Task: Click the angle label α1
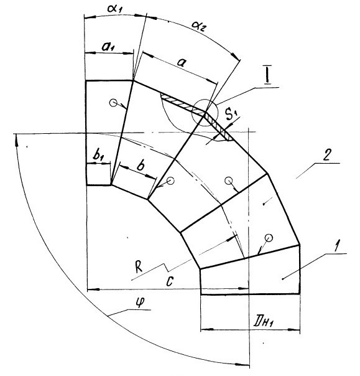[x=115, y=9]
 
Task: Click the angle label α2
[x=199, y=26]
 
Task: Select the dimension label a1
[x=108, y=47]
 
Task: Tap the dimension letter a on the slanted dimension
[x=182, y=63]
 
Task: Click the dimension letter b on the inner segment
[x=141, y=165]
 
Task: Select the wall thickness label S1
[x=231, y=115]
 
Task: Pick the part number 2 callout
[x=326, y=155]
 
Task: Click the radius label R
[x=139, y=268]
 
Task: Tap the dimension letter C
[x=169, y=281]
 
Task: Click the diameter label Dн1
[x=263, y=322]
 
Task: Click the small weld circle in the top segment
[x=113, y=103]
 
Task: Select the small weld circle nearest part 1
[x=269, y=238]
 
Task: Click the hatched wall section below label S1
[x=219, y=128]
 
